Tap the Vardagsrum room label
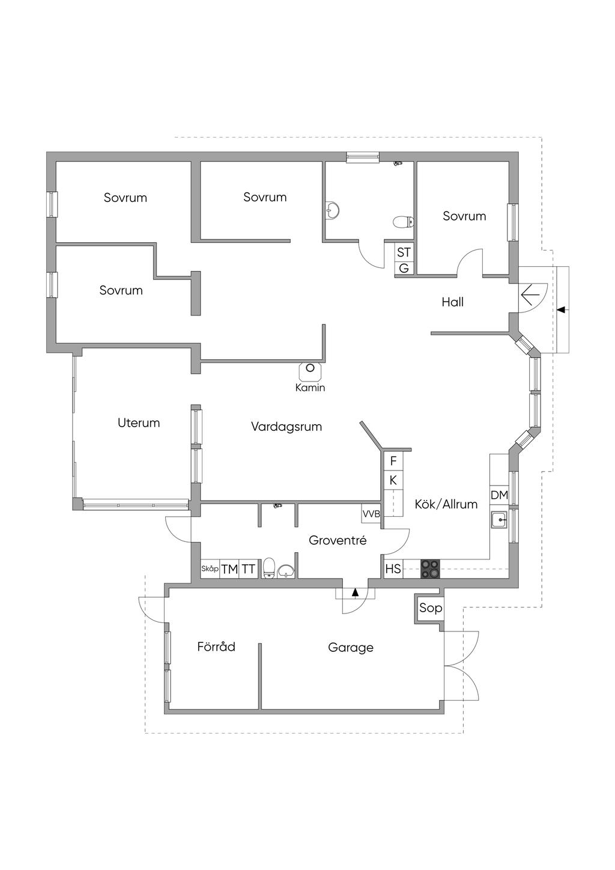[286, 427]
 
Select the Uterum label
[139, 423]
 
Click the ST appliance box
[404, 252]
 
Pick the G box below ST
[404, 268]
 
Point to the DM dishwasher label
[499, 496]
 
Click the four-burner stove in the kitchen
[429, 568]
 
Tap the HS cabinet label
[393, 568]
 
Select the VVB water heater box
[371, 514]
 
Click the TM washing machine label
[229, 569]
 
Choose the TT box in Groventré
[249, 569]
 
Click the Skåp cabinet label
[210, 568]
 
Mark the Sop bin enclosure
[430, 608]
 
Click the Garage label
[351, 648]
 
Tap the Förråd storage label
[216, 647]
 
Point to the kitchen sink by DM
[498, 519]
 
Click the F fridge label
[393, 461]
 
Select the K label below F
[393, 481]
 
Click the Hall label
[453, 302]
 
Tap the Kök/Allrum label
[446, 504]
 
